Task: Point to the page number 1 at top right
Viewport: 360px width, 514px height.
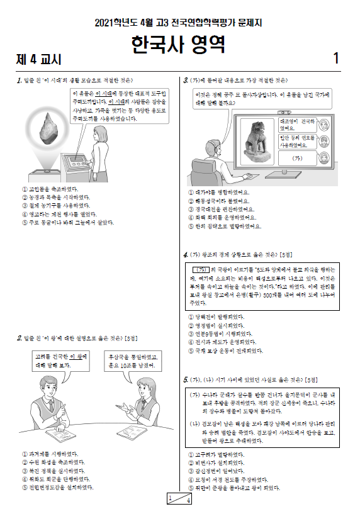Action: [336, 59]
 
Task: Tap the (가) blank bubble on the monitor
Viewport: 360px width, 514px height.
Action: [298, 158]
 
